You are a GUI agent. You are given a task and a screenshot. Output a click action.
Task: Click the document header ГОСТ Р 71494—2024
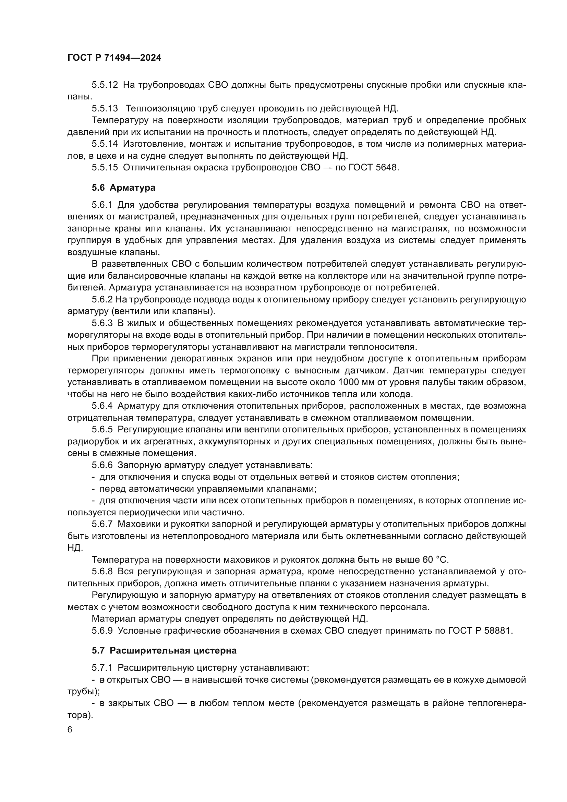tap(114, 58)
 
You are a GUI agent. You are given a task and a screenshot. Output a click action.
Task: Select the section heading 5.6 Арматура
tap(123, 188)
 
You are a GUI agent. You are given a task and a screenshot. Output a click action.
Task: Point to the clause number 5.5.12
tap(105, 85)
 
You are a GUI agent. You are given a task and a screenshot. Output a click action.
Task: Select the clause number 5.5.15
tap(105, 167)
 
